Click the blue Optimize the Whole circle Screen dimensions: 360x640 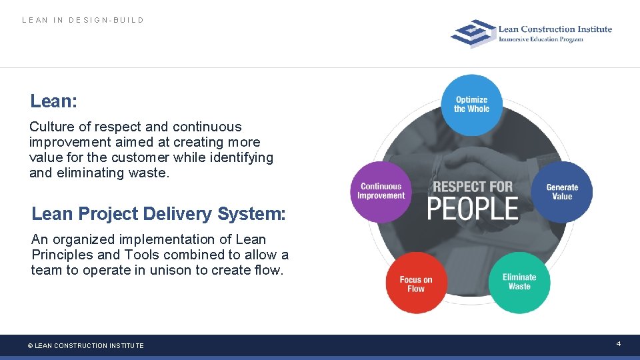[471, 104]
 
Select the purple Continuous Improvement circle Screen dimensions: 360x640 [381, 191]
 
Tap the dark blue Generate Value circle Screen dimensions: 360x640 [562, 192]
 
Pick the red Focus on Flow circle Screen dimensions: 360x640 [416, 283]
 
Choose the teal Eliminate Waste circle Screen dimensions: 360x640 [519, 282]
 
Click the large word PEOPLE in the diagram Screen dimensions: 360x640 [473, 209]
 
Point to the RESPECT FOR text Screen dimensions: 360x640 [473, 187]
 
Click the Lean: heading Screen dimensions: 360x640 [54, 101]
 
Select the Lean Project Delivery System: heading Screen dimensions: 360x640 [159, 214]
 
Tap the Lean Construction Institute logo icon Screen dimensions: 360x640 [472, 33]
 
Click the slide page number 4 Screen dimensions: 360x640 [618, 343]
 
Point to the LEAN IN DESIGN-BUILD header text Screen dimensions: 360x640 [83, 20]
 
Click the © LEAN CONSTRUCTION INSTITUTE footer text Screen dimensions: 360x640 [85, 345]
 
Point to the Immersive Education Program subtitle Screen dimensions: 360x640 [541, 39]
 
